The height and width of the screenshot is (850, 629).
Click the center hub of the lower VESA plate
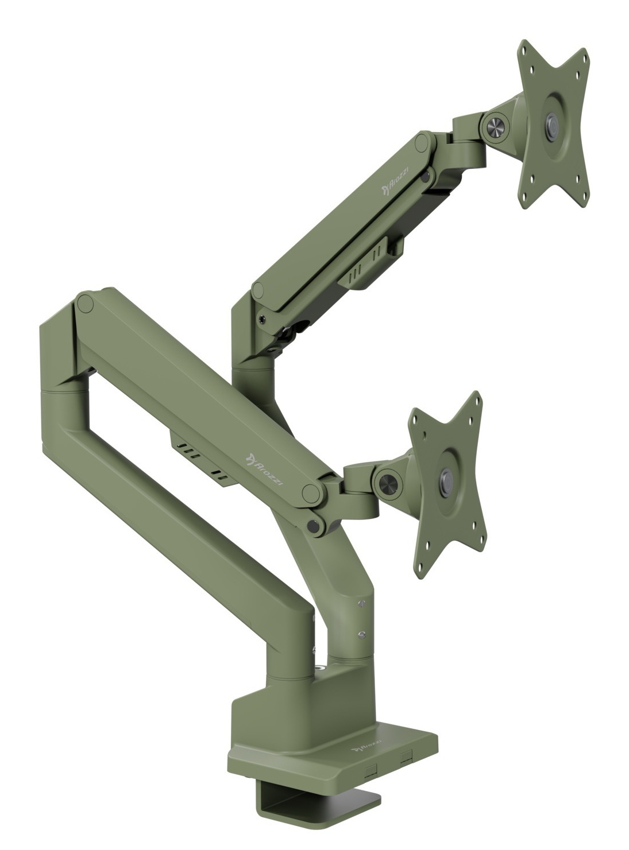445,478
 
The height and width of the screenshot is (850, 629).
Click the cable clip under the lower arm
202,459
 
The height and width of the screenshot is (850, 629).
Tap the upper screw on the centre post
361,604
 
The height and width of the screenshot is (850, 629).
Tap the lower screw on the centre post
361,634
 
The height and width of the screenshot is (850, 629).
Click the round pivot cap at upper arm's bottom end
261,290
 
